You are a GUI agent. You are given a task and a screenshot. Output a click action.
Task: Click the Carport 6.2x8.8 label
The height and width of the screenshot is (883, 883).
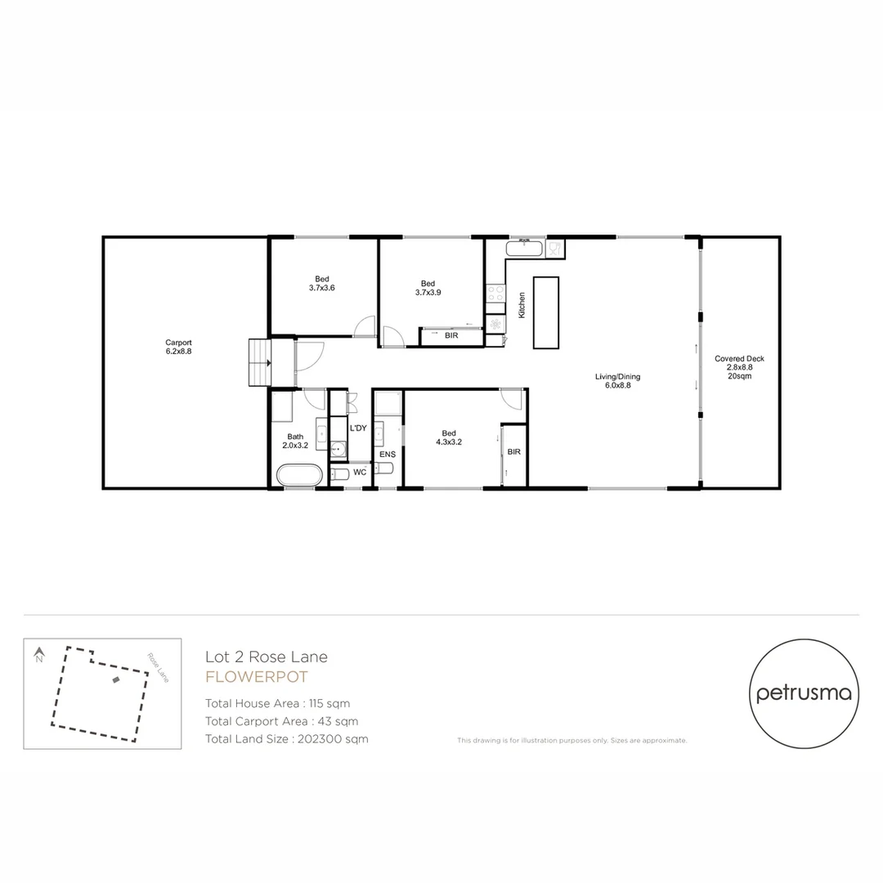(178, 347)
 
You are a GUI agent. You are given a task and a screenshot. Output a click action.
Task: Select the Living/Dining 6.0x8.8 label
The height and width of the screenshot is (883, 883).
(617, 381)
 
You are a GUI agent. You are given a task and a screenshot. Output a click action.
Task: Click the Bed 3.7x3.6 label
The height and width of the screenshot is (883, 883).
(322, 283)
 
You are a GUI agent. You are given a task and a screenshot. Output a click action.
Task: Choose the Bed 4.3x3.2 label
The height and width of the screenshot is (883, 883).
(448, 437)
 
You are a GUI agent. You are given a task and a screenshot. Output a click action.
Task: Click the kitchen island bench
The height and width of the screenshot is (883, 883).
(546, 312)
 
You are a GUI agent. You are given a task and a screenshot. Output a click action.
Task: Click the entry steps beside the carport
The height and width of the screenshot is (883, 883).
(260, 362)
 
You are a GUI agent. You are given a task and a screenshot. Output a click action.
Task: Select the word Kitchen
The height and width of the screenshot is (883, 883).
(522, 305)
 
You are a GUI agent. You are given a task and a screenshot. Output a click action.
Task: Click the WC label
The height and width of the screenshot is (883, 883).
(360, 473)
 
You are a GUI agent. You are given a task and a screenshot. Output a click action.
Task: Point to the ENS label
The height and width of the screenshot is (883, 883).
(388, 454)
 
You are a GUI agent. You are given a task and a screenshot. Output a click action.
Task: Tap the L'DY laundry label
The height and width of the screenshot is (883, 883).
(358, 428)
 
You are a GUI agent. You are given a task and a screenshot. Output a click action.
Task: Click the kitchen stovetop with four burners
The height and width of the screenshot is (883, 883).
(495, 294)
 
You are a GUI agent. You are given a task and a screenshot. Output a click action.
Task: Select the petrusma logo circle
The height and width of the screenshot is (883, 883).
(804, 693)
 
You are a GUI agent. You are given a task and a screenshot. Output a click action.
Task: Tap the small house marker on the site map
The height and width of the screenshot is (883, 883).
(116, 679)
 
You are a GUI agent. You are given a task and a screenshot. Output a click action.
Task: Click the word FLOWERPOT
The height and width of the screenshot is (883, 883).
(256, 676)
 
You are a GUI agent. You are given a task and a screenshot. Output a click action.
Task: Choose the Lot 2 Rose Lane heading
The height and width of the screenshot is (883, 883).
(266, 657)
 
